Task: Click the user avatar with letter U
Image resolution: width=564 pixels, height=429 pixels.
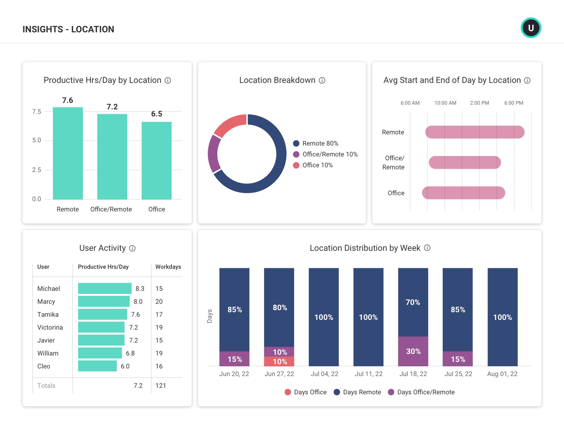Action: tap(531, 28)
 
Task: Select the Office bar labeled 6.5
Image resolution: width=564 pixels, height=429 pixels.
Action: tap(157, 160)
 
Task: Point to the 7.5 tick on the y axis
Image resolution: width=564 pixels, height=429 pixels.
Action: tap(37, 111)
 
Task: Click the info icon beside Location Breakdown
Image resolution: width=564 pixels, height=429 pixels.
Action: tap(322, 80)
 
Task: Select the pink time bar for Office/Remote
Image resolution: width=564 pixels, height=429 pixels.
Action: tap(465, 163)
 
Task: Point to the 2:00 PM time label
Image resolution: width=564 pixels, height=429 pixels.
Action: tap(479, 103)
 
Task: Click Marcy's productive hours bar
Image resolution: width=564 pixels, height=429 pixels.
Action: tap(104, 301)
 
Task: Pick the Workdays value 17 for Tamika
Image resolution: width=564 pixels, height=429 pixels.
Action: tap(159, 314)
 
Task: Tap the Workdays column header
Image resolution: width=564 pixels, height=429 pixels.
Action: tap(168, 267)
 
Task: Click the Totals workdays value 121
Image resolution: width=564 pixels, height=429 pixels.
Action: tap(161, 385)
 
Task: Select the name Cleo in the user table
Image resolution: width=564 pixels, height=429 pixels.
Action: tap(44, 366)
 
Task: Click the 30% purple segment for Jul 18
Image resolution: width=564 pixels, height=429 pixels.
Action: tap(413, 351)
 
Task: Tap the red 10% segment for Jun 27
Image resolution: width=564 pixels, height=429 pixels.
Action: tap(279, 361)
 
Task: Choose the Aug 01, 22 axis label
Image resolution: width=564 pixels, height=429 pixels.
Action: tap(502, 374)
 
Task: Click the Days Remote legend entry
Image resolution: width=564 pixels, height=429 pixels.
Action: tap(357, 392)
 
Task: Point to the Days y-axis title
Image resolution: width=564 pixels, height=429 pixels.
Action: tap(209, 316)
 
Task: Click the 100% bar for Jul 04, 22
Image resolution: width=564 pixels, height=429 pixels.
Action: tap(324, 317)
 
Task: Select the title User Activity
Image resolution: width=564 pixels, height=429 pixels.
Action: tap(103, 248)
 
